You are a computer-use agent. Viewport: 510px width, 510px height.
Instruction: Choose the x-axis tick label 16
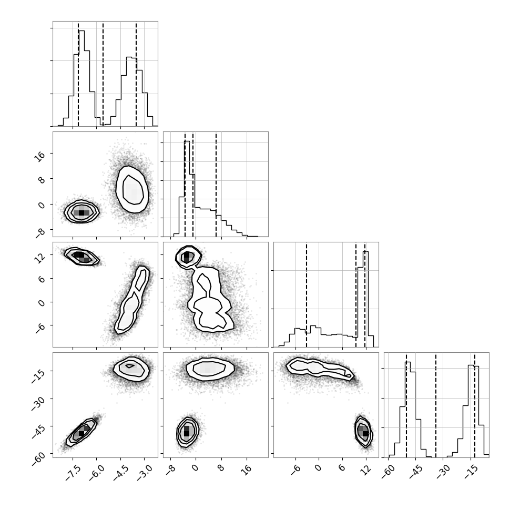tap(247, 470)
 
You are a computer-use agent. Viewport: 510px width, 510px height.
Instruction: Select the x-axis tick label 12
tap(366, 470)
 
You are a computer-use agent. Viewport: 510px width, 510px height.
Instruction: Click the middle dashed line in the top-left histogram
tap(103, 74)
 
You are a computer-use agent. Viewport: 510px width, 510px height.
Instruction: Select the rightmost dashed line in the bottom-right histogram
tap(475, 405)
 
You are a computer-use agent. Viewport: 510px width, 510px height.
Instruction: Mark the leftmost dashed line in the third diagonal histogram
tap(307, 294)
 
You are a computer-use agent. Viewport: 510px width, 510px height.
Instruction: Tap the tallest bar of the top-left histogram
tap(81, 78)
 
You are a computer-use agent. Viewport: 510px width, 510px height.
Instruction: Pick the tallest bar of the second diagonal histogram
tap(187, 189)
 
